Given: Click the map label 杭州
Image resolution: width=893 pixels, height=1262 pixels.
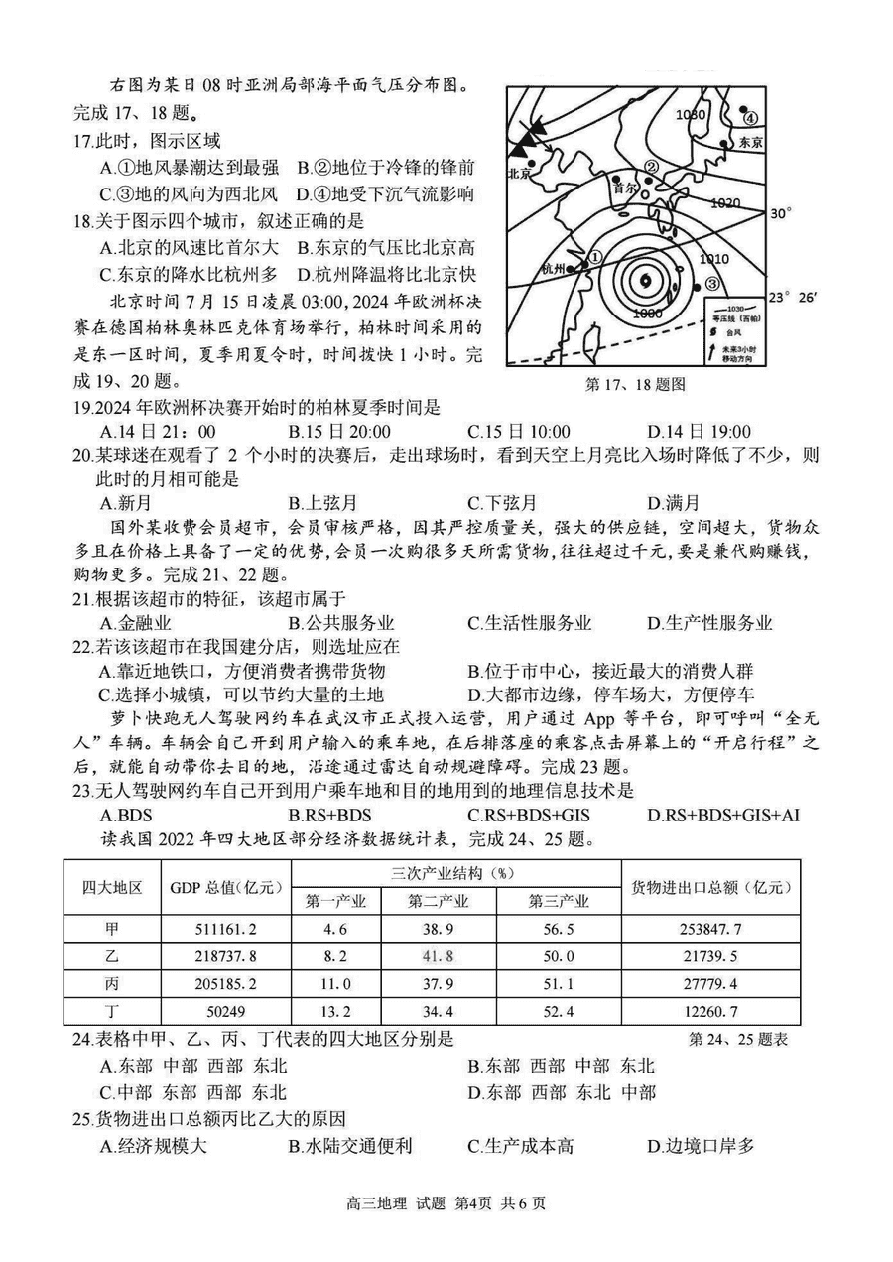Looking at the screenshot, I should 553,269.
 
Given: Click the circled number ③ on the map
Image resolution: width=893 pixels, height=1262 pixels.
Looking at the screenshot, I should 712,284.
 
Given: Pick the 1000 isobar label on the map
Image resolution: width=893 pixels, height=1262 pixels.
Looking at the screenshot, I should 646,313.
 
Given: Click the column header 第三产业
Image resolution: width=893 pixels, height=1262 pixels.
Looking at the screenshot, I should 558,901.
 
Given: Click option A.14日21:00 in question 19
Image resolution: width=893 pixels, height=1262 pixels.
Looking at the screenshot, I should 159,431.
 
